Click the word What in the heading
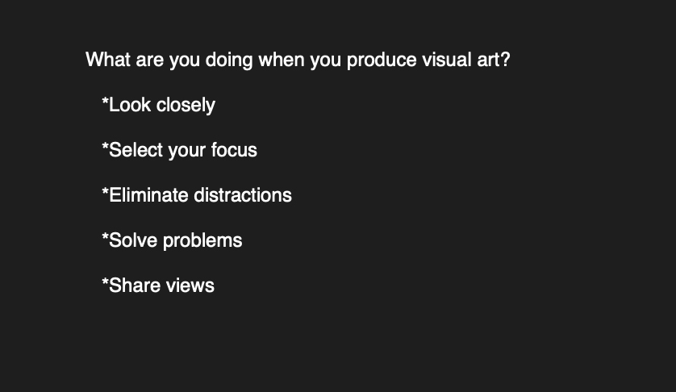[108, 60]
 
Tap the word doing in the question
[228, 60]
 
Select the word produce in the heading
[382, 60]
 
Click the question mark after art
[506, 60]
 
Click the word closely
[186, 106]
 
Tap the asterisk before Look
[105, 101]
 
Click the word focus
[234, 150]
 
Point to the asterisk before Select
[105, 146]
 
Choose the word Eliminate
[148, 195]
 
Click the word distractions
[243, 195]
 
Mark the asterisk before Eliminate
[105, 191]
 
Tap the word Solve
[133, 240]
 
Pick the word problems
[202, 241]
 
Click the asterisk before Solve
[105, 236]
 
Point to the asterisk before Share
[105, 281]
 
